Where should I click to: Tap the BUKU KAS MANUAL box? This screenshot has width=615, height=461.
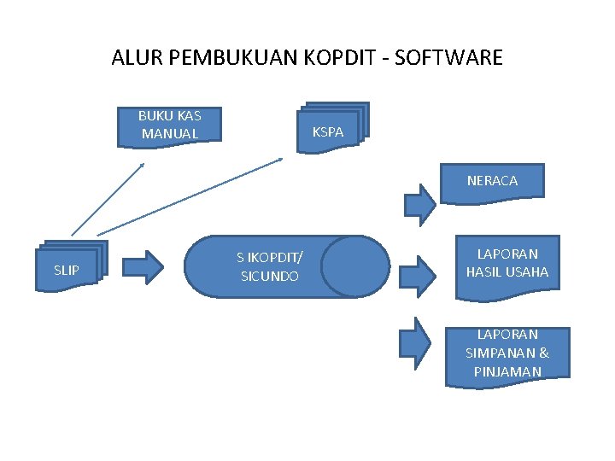(x=170, y=125)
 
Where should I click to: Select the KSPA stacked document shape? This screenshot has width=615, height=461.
(x=330, y=131)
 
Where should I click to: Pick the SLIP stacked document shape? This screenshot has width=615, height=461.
(x=68, y=268)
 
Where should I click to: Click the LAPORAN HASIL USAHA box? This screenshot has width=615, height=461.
(x=507, y=266)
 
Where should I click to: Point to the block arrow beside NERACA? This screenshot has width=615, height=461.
(x=419, y=202)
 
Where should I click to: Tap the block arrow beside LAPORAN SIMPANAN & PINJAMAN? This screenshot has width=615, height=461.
(x=419, y=339)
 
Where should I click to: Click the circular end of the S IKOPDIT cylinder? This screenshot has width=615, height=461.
(x=355, y=266)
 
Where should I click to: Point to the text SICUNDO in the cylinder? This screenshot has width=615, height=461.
(x=270, y=277)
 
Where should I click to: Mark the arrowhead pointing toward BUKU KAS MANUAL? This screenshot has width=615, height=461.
(x=142, y=166)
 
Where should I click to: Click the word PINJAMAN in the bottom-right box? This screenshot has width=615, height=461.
(x=507, y=371)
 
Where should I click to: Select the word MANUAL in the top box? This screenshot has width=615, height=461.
(x=170, y=134)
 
